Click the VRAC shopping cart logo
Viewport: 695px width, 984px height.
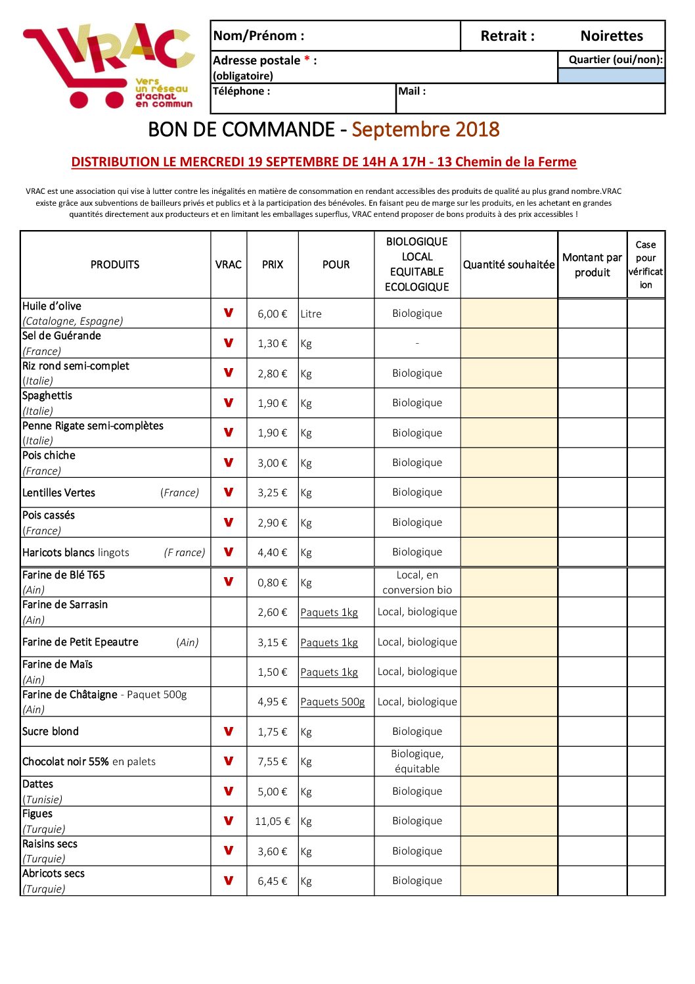point(108,66)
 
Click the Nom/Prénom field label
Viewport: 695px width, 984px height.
point(258,36)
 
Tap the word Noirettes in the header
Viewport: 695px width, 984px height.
point(611,36)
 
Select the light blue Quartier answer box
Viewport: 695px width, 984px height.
point(611,76)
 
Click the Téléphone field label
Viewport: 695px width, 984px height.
point(241,91)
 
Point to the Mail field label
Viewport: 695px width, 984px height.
point(412,91)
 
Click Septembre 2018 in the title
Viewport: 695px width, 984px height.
point(425,129)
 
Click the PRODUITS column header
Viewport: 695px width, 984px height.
point(115,265)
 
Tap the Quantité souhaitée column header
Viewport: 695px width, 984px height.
point(508,265)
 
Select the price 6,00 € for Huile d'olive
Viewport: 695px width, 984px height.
point(272,314)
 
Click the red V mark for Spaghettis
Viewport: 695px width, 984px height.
point(229,402)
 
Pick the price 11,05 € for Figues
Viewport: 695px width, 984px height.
point(272,822)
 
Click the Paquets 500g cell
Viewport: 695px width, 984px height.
point(332,702)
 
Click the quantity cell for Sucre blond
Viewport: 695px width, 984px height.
point(508,732)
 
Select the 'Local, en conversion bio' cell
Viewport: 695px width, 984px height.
point(417,582)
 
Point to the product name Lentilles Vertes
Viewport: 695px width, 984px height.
point(58,493)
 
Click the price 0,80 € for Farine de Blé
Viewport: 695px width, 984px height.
point(272,583)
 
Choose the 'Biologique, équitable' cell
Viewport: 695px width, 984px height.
point(417,761)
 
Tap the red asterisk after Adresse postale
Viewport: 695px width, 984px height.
point(307,60)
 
